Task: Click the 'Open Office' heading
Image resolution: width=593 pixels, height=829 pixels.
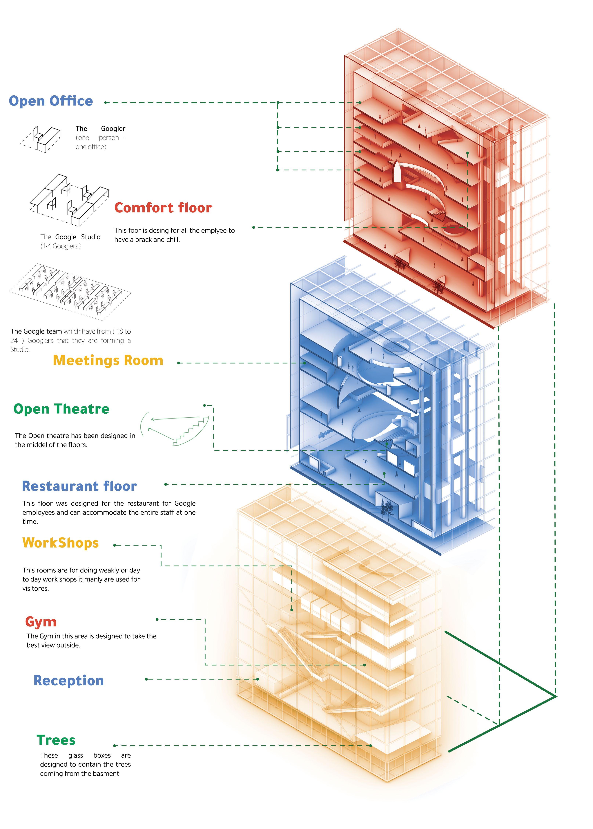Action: (x=51, y=101)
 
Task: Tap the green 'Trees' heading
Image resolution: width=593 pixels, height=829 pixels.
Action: (x=56, y=740)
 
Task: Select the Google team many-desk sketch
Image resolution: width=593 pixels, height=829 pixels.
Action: (x=69, y=291)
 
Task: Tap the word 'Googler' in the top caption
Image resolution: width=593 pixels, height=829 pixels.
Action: (x=113, y=128)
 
